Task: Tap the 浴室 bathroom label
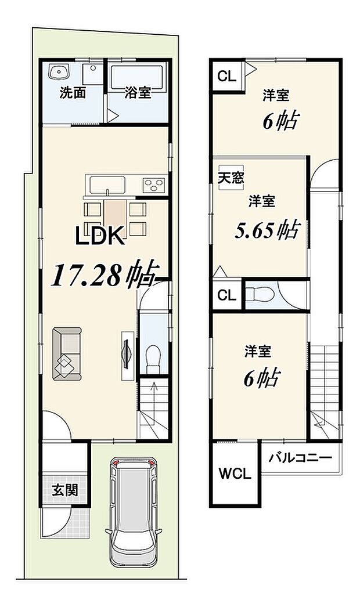coord(138,93)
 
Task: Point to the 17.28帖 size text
coord(105,274)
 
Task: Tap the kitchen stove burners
coord(154,185)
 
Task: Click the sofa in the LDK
coord(66,354)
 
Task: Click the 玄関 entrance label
coord(65,490)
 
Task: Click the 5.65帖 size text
coord(267,230)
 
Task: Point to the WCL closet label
coord(235,474)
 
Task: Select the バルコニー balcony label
coord(300,458)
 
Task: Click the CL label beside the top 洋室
coord(226,77)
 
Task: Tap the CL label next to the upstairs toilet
coord(226,295)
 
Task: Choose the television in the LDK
coord(127,354)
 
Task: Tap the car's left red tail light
coord(117,463)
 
